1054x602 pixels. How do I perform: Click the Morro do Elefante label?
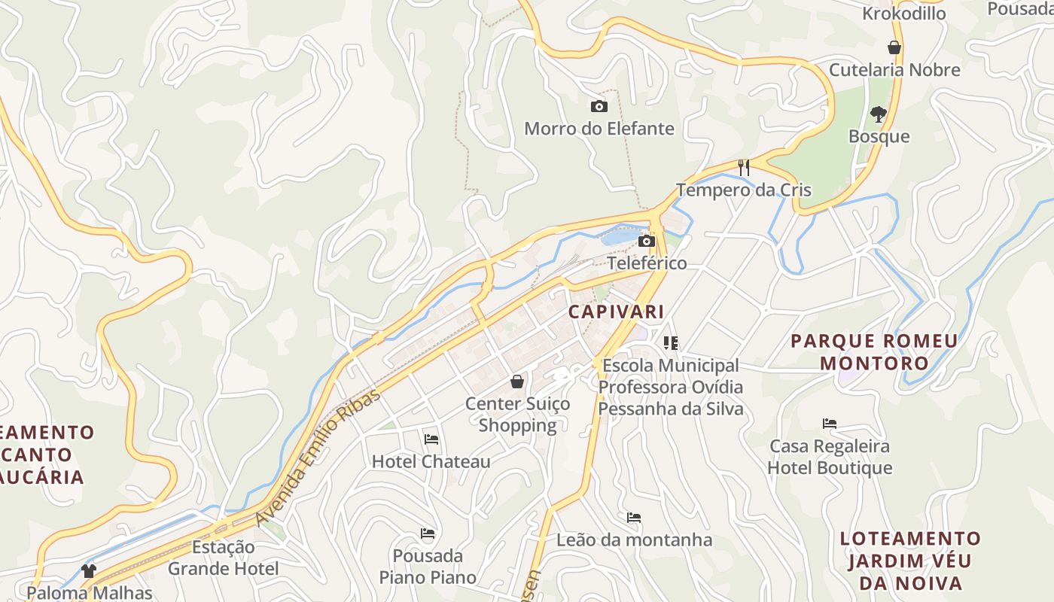point(599,129)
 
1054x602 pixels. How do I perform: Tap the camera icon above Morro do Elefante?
point(599,106)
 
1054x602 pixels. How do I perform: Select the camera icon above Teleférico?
point(646,242)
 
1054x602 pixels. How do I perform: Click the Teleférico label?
point(647,263)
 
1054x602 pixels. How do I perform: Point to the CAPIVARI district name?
point(616,312)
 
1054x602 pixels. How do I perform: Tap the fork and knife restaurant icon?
point(744,167)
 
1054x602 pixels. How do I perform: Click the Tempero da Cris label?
point(744,190)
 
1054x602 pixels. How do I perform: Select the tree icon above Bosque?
point(878,114)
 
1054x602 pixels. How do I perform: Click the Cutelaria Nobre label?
point(894,70)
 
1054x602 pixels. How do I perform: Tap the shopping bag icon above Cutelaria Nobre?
point(894,47)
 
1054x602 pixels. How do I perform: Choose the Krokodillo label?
point(903,14)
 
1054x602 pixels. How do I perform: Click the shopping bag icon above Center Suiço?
point(517,382)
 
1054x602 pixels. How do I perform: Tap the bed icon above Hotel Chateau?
point(431,439)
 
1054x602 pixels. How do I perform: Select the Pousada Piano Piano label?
point(428,567)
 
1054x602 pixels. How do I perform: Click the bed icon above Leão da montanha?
point(634,518)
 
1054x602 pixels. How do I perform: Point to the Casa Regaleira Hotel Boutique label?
point(830,457)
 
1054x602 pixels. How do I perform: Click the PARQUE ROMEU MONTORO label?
point(874,352)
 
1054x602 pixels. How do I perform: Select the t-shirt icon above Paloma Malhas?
point(89,571)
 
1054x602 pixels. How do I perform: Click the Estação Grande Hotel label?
point(223,558)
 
